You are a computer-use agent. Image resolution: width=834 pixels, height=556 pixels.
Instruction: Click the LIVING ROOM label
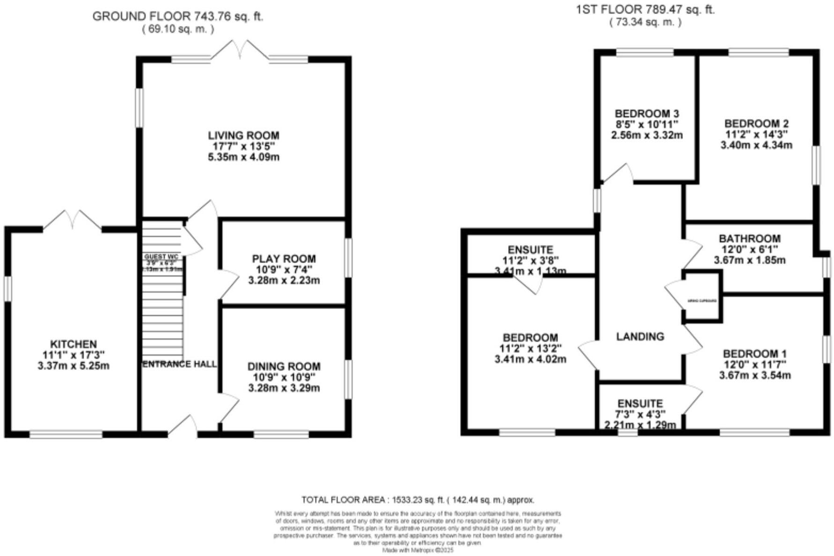pyautogui.click(x=243, y=135)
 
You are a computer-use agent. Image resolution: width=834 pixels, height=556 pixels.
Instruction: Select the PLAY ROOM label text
pyautogui.click(x=284, y=259)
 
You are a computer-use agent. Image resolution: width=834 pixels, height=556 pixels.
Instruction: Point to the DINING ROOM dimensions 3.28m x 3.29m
pyautogui.click(x=284, y=388)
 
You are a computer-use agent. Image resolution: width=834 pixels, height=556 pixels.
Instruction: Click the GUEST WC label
pyautogui.click(x=161, y=257)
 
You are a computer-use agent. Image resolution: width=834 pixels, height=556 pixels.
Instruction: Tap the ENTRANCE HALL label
pyautogui.click(x=179, y=364)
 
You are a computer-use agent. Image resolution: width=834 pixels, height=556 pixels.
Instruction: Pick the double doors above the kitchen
pyautogui.click(x=73, y=220)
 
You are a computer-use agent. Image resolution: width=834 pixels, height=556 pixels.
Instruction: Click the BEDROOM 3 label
pyautogui.click(x=646, y=114)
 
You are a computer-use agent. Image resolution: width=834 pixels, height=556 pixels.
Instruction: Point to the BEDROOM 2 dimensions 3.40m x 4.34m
pyautogui.click(x=756, y=145)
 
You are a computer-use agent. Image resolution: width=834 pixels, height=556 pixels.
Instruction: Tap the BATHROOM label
pyautogui.click(x=749, y=238)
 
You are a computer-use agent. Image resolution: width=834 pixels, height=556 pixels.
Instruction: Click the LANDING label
pyautogui.click(x=640, y=336)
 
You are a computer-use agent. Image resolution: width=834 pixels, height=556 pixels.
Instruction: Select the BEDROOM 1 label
pyautogui.click(x=754, y=354)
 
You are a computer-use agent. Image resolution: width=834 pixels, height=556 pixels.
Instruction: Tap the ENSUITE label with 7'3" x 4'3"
pyautogui.click(x=640, y=404)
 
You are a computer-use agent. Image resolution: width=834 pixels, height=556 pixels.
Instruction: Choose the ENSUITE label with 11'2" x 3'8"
pyautogui.click(x=530, y=250)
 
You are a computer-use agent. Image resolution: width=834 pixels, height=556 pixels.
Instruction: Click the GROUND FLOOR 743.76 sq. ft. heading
pyautogui.click(x=178, y=16)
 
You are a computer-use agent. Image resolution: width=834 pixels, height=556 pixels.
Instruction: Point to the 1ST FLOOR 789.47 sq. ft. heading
pyautogui.click(x=645, y=9)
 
